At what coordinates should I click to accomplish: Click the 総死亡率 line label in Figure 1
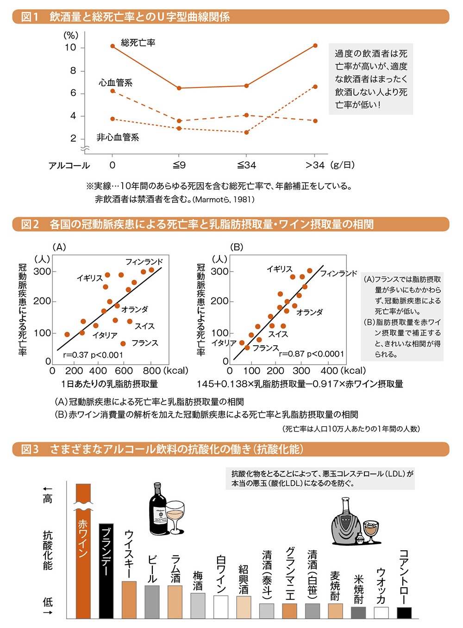tap(138, 43)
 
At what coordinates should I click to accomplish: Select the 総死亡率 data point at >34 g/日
tap(315, 45)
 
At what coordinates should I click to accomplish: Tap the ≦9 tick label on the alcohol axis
tap(179, 165)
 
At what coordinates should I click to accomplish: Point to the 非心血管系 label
tap(118, 137)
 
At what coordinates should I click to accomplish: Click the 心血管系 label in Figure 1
tap(115, 83)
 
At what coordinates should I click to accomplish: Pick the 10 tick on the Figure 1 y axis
tap(70, 48)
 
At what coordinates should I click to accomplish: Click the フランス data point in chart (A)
tap(123, 343)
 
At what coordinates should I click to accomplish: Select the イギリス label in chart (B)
tap(280, 269)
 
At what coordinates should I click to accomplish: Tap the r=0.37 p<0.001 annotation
tap(93, 355)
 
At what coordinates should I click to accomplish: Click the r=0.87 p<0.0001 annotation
tap(312, 354)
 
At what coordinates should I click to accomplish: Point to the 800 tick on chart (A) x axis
tap(152, 371)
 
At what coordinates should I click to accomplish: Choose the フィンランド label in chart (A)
tap(144, 262)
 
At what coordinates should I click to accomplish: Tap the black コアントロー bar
tap(404, 613)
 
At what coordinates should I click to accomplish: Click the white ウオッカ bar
tap(382, 613)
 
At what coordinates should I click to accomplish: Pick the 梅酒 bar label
tap(198, 581)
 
